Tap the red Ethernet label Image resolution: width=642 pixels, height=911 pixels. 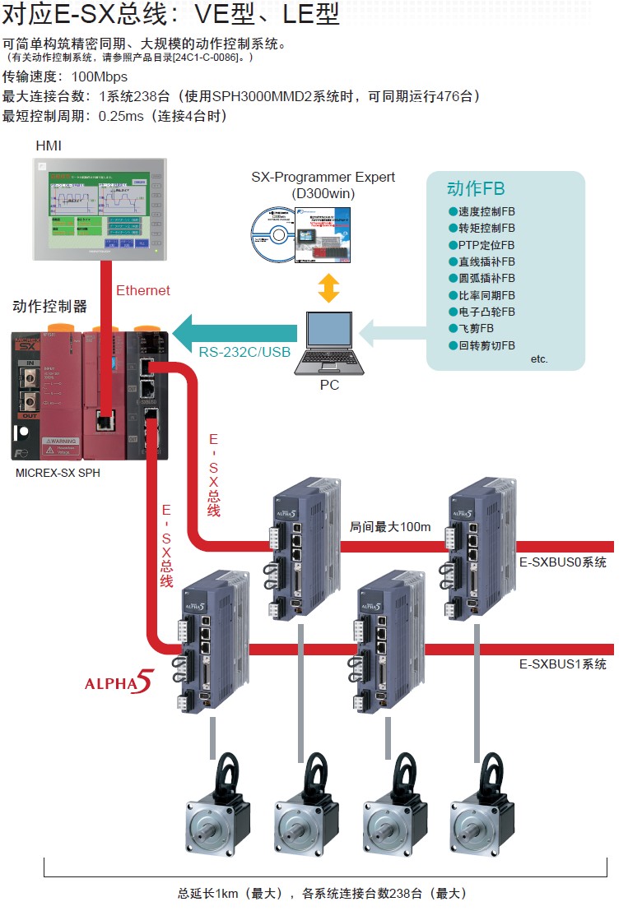tap(143, 290)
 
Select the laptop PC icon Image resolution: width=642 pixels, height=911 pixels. tap(329, 345)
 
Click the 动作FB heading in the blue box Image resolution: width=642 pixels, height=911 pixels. tap(476, 188)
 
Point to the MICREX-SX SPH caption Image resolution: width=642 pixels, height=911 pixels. tap(58, 474)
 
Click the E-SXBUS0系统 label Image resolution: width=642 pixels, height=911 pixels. tap(562, 562)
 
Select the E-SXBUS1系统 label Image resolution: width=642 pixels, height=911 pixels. tap(562, 664)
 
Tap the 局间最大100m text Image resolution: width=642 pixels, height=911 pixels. tap(390, 527)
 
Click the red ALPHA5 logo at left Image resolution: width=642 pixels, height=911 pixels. tap(119, 683)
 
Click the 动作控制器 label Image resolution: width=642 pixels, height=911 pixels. tap(49, 307)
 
